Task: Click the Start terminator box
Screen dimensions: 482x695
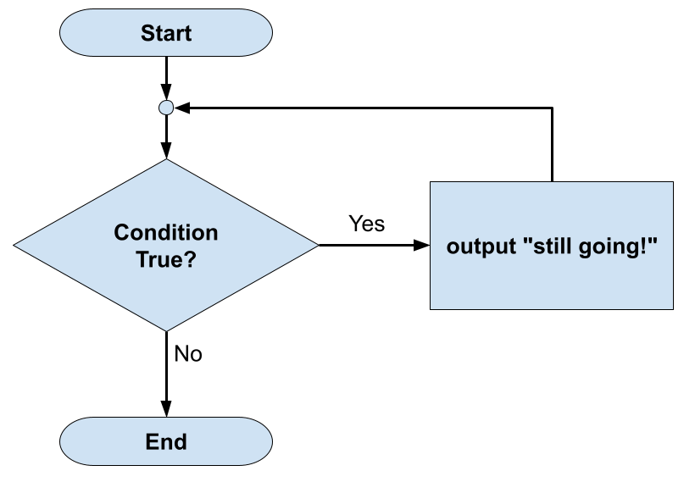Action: point(166,34)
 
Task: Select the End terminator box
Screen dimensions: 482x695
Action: point(166,441)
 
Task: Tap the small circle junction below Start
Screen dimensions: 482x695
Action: point(166,108)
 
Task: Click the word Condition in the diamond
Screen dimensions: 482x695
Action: point(166,233)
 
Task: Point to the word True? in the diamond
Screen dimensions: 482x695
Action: point(166,259)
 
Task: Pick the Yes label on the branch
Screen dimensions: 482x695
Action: point(366,224)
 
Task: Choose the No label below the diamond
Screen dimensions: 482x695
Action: point(188,353)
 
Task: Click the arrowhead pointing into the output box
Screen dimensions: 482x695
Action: point(422,246)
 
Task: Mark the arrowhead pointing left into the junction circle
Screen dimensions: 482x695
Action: point(182,108)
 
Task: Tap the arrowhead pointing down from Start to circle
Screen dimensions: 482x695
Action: point(166,93)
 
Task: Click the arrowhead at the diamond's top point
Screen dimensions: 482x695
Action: point(166,151)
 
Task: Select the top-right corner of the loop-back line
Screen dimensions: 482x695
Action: point(552,108)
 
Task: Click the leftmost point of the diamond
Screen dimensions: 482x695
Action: point(14,246)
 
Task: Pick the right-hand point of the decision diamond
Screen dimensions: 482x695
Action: point(318,246)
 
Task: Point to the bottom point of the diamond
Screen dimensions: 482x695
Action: point(166,330)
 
